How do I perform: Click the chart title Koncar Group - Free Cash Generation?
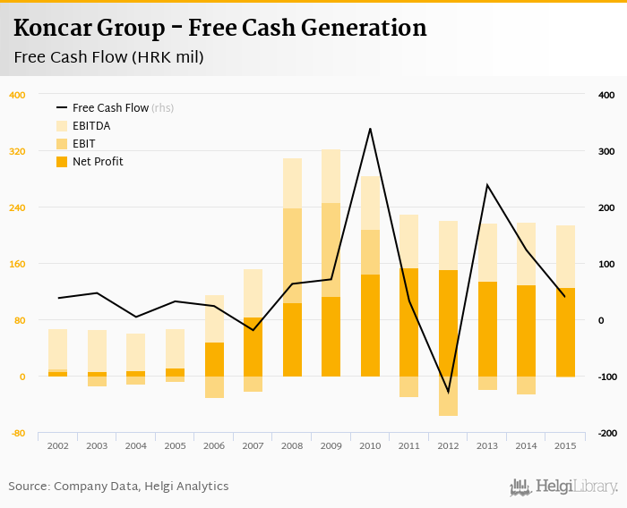tap(220, 29)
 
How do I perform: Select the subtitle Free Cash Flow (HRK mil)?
tap(108, 58)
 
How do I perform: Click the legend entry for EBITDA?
tap(91, 126)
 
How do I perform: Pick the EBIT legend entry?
tap(83, 144)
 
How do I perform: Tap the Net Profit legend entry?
tap(98, 162)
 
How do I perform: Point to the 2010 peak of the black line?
tap(370, 129)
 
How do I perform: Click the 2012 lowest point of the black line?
tap(449, 392)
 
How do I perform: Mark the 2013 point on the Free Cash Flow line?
tap(487, 185)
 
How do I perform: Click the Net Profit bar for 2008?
tap(292, 340)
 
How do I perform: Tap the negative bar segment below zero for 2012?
tap(449, 396)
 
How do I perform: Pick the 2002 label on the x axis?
tap(58, 445)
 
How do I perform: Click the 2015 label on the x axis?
tap(565, 445)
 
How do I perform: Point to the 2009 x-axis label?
tap(331, 445)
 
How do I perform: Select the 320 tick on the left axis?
tap(18, 151)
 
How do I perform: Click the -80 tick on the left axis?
tap(18, 434)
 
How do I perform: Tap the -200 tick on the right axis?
tap(606, 434)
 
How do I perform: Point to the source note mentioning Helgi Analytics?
tap(118, 487)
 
